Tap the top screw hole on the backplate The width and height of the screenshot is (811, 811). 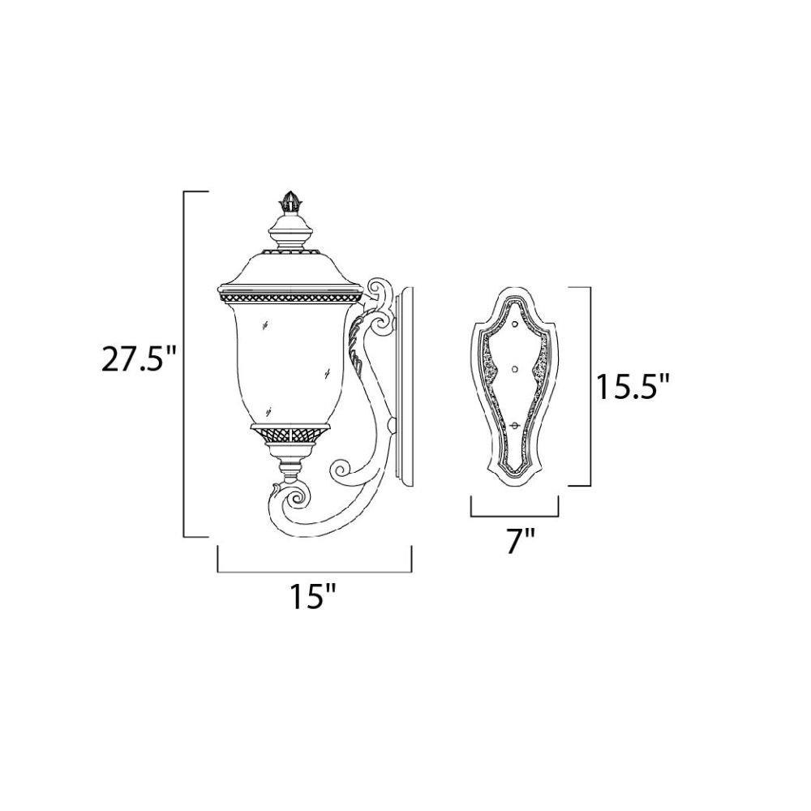click(x=515, y=325)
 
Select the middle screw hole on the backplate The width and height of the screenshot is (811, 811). click(x=515, y=369)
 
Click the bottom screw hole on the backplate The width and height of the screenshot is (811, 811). click(x=515, y=425)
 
